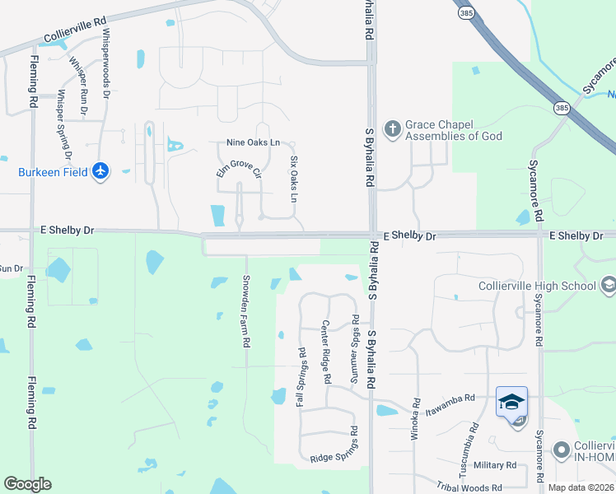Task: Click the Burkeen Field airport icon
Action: point(100,171)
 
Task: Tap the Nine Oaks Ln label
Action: point(253,142)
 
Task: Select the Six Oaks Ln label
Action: point(293,179)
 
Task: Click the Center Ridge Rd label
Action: point(326,352)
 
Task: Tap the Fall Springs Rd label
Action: point(301,376)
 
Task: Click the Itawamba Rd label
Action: point(450,398)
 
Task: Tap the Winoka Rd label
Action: point(415,421)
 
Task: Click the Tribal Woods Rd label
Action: point(469,488)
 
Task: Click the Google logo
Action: point(28,484)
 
